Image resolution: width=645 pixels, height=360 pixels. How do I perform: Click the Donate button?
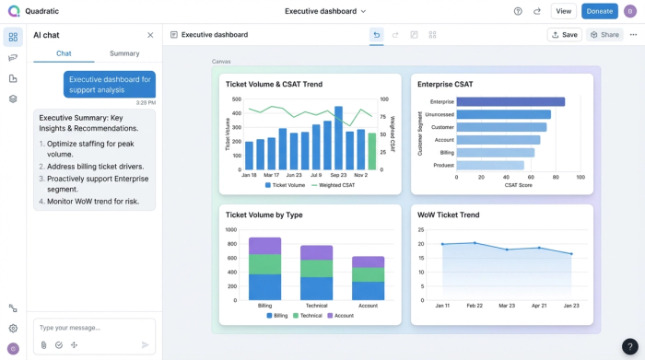tap(599, 11)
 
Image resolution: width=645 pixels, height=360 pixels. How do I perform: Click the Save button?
tap(564, 35)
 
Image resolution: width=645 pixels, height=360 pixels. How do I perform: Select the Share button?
tap(604, 35)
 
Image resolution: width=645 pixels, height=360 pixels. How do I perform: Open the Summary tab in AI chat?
tap(124, 53)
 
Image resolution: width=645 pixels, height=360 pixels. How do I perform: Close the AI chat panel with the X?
tap(151, 35)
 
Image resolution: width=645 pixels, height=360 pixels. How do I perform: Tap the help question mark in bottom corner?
tap(629, 347)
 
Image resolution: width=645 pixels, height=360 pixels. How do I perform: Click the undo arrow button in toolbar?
tap(376, 35)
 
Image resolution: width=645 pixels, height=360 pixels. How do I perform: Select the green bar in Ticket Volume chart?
tap(372, 151)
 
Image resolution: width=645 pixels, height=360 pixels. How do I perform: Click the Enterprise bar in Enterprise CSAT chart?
tap(510, 102)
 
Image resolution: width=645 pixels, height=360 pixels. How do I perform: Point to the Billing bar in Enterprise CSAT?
tap(495, 153)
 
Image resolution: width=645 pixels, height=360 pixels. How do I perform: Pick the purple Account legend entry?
tap(340, 316)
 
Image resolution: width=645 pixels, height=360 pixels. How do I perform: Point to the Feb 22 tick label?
tap(474, 306)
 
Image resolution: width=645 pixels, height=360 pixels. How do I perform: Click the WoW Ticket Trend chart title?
tap(448, 215)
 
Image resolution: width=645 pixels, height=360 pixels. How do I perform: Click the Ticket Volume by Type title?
tap(264, 215)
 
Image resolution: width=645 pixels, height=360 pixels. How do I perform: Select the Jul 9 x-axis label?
tap(316, 175)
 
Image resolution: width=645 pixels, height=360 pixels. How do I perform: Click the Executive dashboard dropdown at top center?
tap(325, 11)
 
